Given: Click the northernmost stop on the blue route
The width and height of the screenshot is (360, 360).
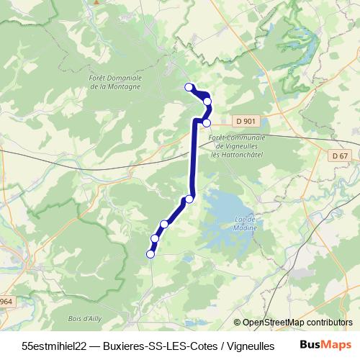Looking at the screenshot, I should click(x=189, y=87).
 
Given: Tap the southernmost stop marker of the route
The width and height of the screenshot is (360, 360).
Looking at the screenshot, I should click(x=150, y=253).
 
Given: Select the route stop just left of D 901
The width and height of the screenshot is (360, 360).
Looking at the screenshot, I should click(x=207, y=122).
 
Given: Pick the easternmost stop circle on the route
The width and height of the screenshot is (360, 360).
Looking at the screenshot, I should click(x=208, y=102).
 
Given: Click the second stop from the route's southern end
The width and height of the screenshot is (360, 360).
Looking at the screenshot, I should click(x=155, y=238).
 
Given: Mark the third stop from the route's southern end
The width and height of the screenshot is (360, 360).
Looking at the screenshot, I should click(x=164, y=224).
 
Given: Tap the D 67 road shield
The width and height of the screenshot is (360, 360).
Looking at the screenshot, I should click(x=340, y=156).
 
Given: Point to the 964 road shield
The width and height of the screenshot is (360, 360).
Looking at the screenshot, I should click(x=6, y=300).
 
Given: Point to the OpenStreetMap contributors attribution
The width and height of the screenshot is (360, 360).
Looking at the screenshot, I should click(x=293, y=323).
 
